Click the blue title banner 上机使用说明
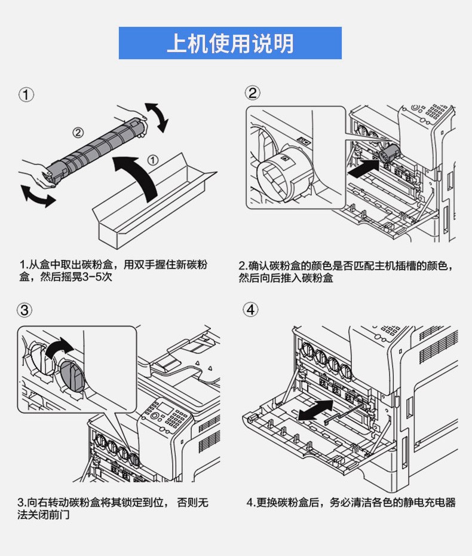pos(230,43)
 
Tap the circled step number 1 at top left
pos(26,94)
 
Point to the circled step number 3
pos(25,310)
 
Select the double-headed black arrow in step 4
pos(316,411)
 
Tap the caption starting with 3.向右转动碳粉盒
pos(114,508)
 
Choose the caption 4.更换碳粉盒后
pos(351,503)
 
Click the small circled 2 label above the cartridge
pos(78,132)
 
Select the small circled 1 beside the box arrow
pos(153,160)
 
